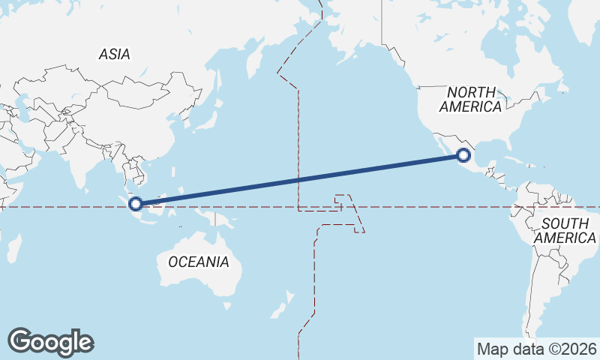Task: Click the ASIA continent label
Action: pos(114,54)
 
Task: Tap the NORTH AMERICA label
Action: pos(470,99)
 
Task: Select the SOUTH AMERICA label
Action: pos(568,230)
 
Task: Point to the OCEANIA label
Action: pos(198,262)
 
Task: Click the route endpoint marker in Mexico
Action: pos(463,155)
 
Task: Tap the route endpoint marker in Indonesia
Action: pos(136,203)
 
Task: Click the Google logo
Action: pos(50,342)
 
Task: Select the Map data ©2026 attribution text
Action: pos(537,349)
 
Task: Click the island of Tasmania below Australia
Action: pos(226,305)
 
